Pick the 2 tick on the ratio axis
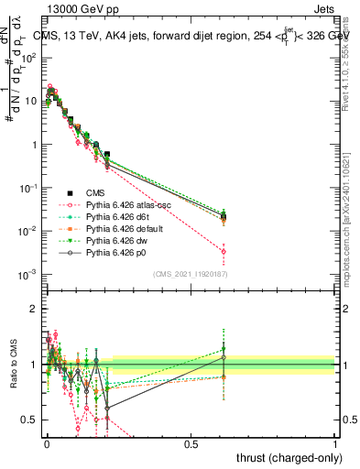pos(35,309)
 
